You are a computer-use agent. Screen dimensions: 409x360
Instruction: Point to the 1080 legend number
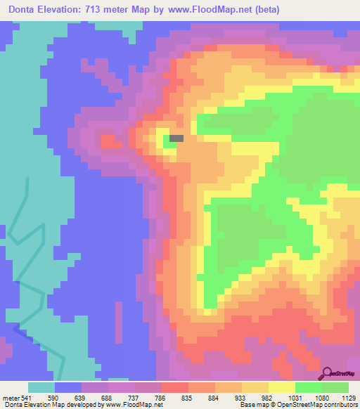click(x=322, y=397)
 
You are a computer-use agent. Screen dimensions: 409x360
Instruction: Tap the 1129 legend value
click(x=349, y=397)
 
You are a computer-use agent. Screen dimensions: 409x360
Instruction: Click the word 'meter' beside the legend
click(x=11, y=397)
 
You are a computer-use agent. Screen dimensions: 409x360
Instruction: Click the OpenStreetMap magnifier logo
click(x=328, y=373)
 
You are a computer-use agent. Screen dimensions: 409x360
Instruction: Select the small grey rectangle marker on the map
click(x=176, y=138)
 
